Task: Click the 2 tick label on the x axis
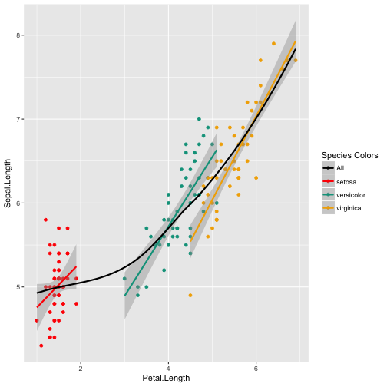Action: [81, 367]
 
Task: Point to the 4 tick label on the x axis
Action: [168, 367]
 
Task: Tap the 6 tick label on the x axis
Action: [256, 367]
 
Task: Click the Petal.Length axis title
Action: [167, 379]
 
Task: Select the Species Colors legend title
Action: [349, 155]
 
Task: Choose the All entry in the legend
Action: [341, 168]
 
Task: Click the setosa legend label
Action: [347, 181]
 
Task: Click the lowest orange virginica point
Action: [190, 296]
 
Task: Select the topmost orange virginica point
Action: [273, 44]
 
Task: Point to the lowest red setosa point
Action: [41, 346]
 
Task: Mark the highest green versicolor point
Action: [199, 119]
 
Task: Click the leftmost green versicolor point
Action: [124, 279]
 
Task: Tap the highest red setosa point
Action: [46, 220]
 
